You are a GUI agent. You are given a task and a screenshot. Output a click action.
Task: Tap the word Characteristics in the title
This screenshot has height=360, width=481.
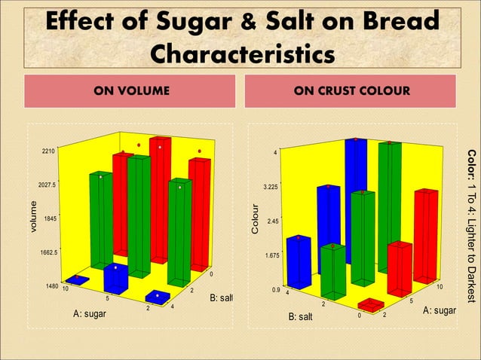click(x=241, y=55)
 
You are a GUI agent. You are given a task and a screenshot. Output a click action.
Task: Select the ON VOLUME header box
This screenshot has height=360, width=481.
click(x=131, y=91)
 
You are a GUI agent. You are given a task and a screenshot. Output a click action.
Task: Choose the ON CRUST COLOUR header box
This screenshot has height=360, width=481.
click(x=352, y=91)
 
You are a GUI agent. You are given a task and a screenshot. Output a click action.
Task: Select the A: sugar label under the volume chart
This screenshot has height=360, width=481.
click(x=89, y=313)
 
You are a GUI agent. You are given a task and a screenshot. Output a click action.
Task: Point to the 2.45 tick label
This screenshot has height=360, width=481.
click(x=271, y=221)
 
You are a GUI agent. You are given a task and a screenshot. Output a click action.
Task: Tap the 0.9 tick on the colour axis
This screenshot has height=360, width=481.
click(x=276, y=289)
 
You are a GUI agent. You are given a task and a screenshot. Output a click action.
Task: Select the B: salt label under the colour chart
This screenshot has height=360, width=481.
click(x=305, y=316)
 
